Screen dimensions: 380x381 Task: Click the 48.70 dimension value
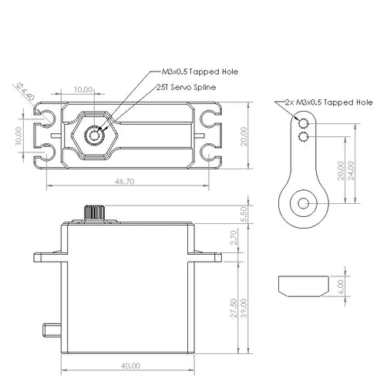(x=124, y=182)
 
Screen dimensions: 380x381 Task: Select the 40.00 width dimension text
(x=130, y=366)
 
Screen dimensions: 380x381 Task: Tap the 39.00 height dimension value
(x=244, y=308)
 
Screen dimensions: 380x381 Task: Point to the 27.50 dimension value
(x=234, y=308)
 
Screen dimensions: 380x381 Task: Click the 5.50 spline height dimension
(x=244, y=214)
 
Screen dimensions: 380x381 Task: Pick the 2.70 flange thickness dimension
(x=234, y=238)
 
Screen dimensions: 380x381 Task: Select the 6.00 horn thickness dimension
(x=340, y=286)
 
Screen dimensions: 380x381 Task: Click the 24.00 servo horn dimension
(x=351, y=171)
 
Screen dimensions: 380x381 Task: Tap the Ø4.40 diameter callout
(x=25, y=92)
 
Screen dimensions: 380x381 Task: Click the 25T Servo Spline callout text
(x=187, y=87)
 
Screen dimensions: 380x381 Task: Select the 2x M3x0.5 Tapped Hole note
(x=329, y=102)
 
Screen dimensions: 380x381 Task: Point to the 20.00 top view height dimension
(x=244, y=136)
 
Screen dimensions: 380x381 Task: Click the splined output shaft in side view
(x=94, y=212)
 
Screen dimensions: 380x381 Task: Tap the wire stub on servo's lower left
(x=52, y=330)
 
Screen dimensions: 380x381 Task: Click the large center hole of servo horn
(x=304, y=203)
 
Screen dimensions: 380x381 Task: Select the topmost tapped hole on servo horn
(x=303, y=123)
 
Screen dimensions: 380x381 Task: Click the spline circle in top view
(x=94, y=135)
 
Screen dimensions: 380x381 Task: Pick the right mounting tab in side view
(x=205, y=257)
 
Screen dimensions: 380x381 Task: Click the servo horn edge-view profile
(x=304, y=286)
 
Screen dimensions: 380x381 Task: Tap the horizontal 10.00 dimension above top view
(x=83, y=90)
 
